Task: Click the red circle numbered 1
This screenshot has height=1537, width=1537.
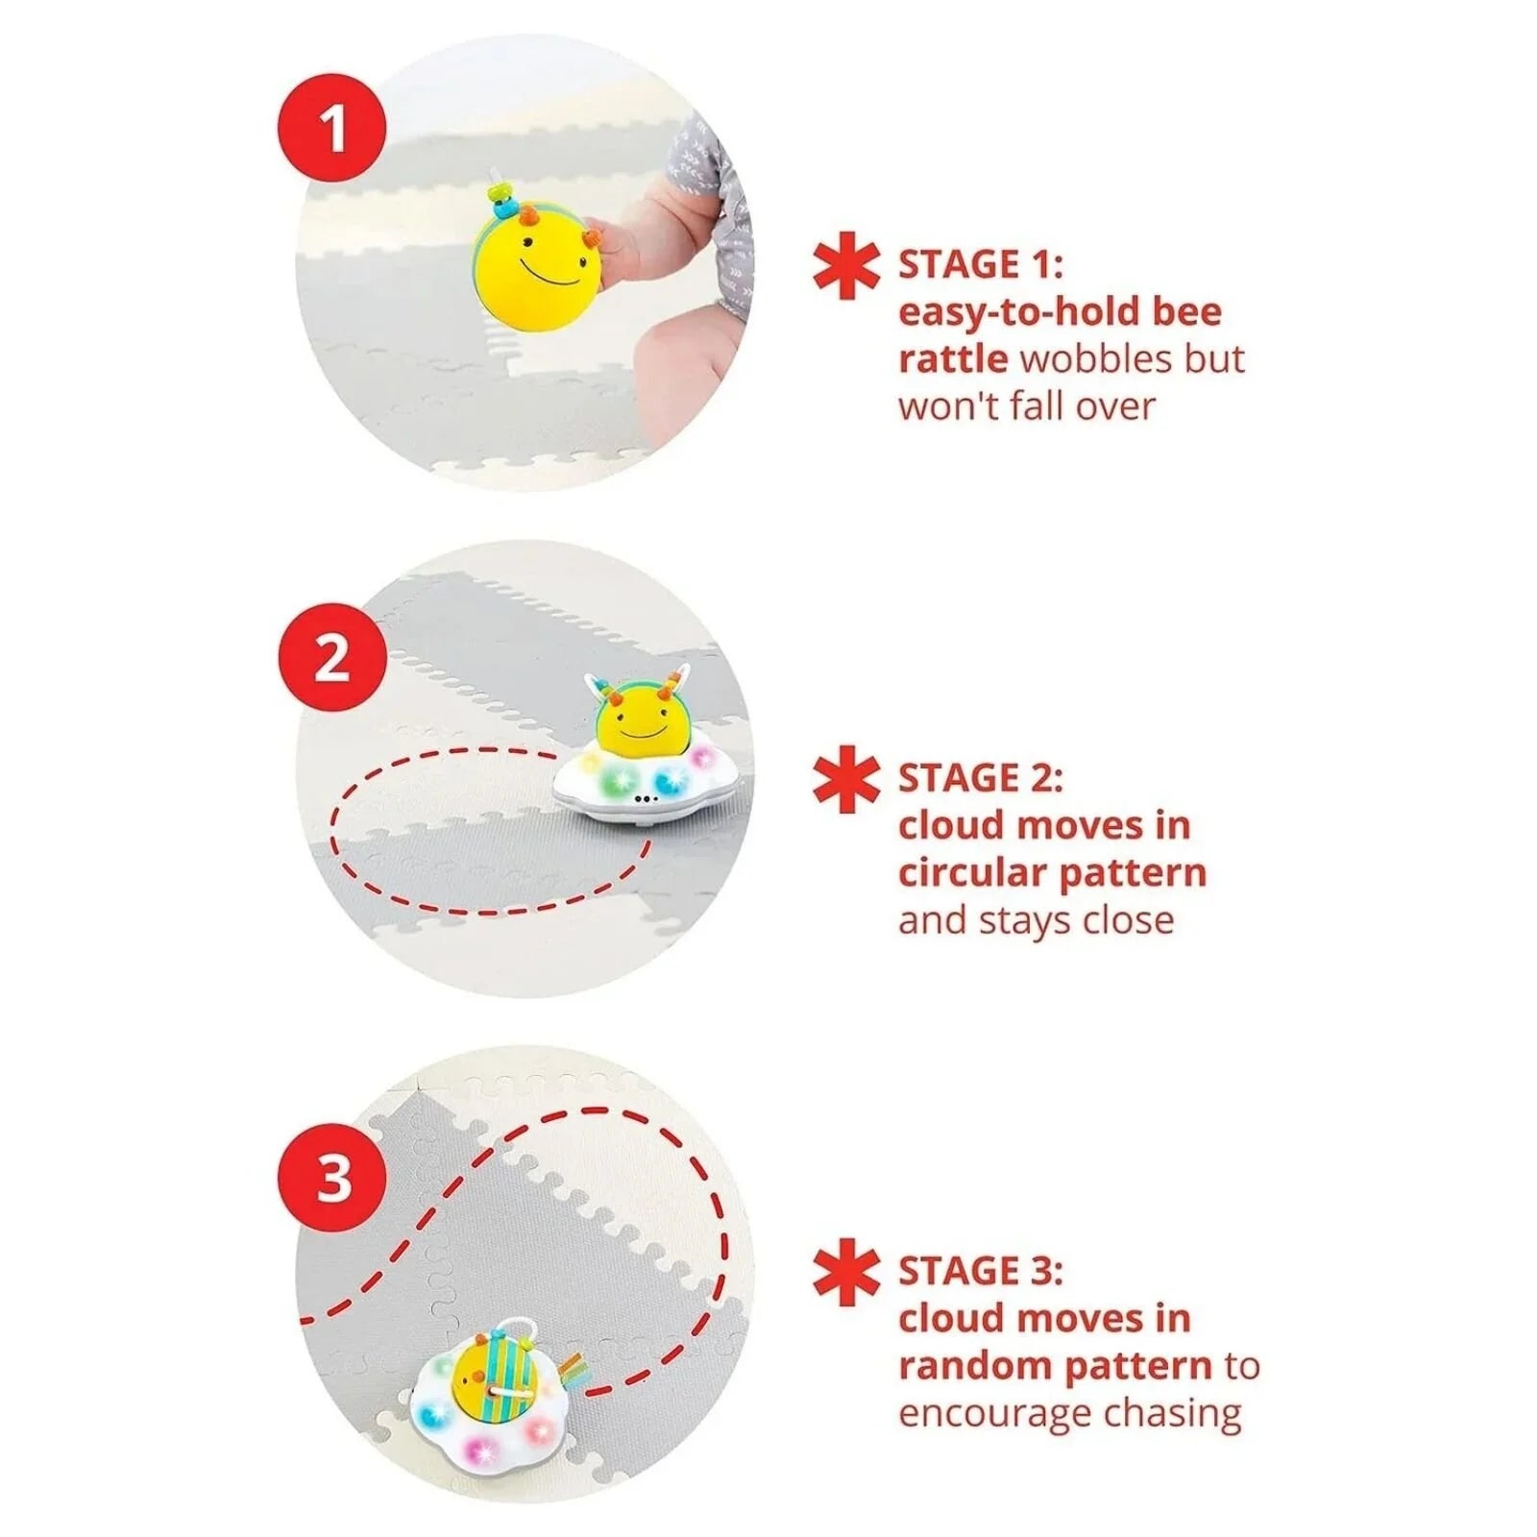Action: point(332,128)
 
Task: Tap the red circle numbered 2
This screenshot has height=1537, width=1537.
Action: point(332,658)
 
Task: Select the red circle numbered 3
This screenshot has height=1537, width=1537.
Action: point(332,1178)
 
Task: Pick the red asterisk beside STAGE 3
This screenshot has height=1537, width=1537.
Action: point(846,1272)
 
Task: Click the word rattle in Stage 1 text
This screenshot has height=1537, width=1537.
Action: point(953,359)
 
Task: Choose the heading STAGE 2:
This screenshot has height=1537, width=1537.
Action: point(981,778)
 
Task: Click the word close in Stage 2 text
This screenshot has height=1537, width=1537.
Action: point(1128,920)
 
